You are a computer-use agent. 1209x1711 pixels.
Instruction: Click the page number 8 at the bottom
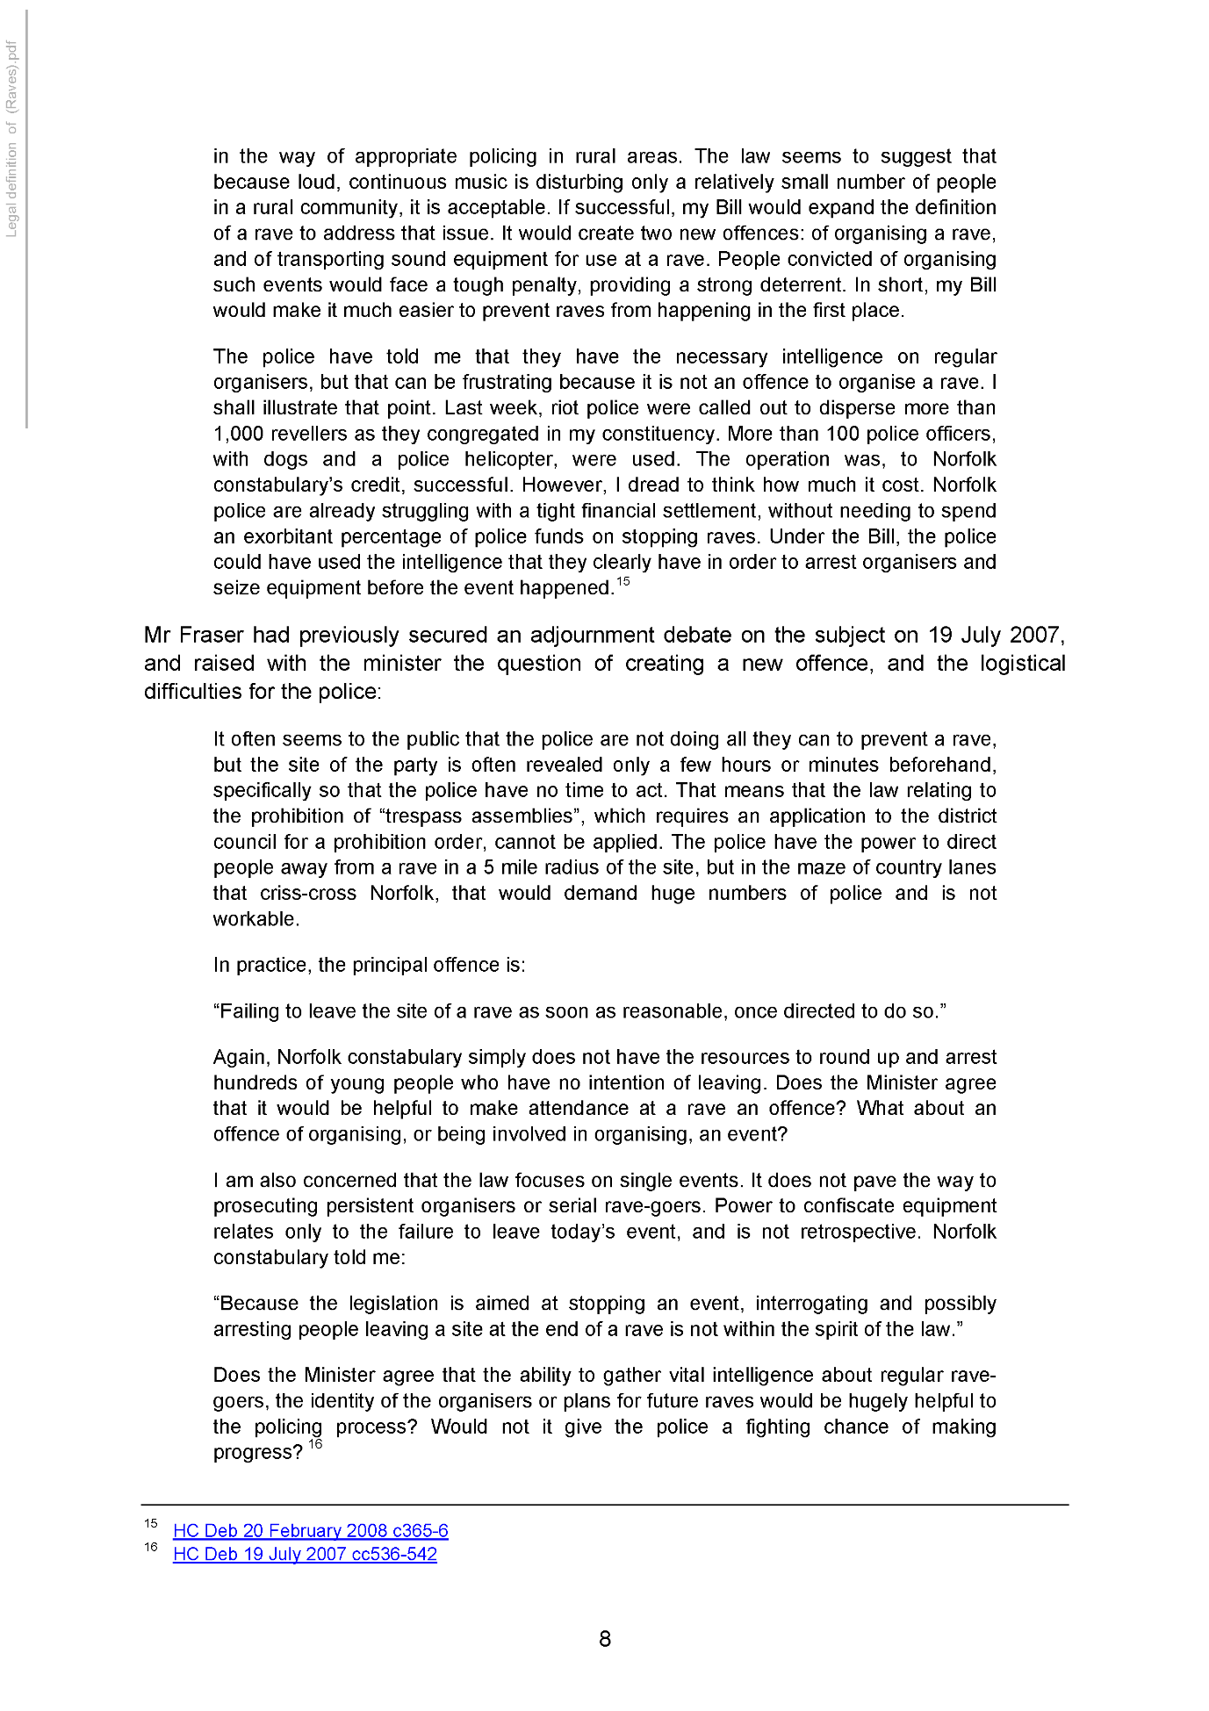[604, 1638]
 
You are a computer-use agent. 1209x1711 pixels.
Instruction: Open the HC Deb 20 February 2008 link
[310, 1530]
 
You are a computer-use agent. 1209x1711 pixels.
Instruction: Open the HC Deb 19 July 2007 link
[305, 1554]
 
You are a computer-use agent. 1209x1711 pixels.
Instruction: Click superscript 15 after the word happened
[622, 581]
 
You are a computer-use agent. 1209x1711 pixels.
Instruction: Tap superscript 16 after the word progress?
[315, 1444]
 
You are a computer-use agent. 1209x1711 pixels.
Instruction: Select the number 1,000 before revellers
[241, 434]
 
